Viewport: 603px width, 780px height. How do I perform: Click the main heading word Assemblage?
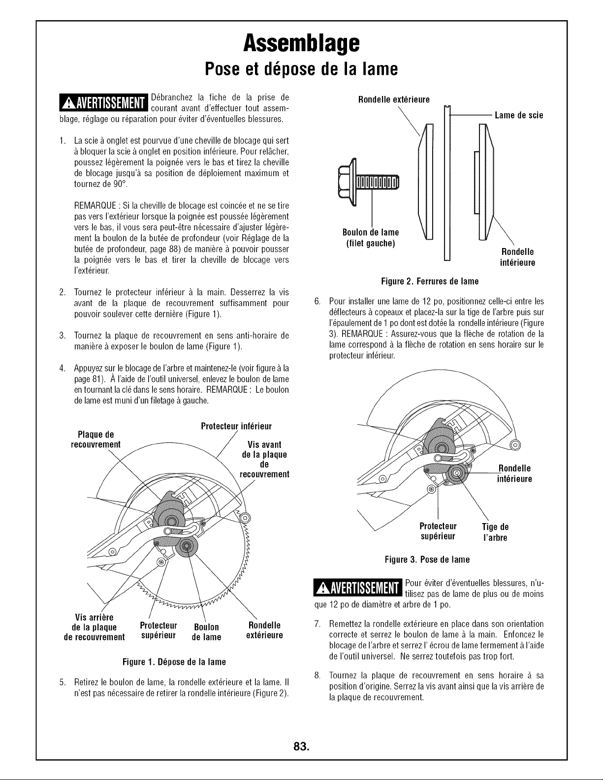(301, 44)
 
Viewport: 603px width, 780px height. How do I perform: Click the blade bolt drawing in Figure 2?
(368, 182)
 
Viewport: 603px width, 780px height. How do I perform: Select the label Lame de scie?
(519, 115)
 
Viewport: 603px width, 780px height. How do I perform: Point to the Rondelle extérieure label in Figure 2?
(394, 99)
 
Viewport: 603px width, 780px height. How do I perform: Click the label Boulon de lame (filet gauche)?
(371, 238)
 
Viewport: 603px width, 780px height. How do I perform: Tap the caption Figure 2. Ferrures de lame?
(430, 281)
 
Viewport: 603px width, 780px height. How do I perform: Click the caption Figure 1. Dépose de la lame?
(174, 662)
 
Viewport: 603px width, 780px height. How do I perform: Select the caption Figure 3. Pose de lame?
(427, 560)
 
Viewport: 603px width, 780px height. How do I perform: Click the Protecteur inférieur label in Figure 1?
(236, 426)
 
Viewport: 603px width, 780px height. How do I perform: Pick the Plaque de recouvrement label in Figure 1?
(96, 439)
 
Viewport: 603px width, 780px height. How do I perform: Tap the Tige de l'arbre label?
(495, 532)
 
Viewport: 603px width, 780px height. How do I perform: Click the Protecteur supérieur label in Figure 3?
(438, 531)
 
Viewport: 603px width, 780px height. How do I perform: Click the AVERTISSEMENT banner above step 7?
(357, 588)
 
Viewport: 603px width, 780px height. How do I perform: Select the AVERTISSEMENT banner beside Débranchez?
(104, 102)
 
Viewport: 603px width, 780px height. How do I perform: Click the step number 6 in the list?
(317, 301)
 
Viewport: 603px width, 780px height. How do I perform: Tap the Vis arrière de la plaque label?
(94, 627)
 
